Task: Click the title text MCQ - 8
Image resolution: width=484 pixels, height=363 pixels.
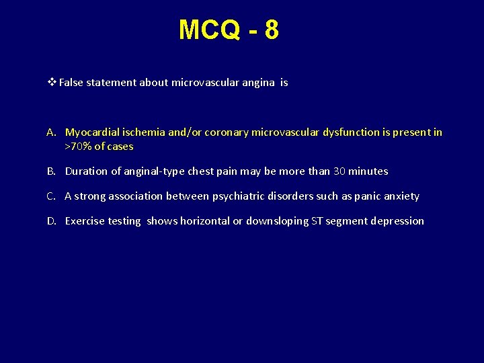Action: pos(229,30)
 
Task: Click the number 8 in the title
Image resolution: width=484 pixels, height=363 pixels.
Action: pos(271,30)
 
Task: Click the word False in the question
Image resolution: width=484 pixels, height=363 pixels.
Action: pos(72,83)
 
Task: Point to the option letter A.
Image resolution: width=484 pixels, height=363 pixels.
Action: pos(52,132)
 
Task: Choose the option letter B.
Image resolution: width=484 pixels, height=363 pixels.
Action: pos(51,171)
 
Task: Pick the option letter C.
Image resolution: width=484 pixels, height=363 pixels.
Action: pos(51,196)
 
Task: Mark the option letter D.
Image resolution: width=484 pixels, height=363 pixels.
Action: pos(52,221)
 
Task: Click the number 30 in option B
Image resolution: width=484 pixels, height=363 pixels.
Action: pos(339,171)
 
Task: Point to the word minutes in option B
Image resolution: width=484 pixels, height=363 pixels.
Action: pos(368,171)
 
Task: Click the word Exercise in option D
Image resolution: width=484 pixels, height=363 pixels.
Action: pos(85,221)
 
